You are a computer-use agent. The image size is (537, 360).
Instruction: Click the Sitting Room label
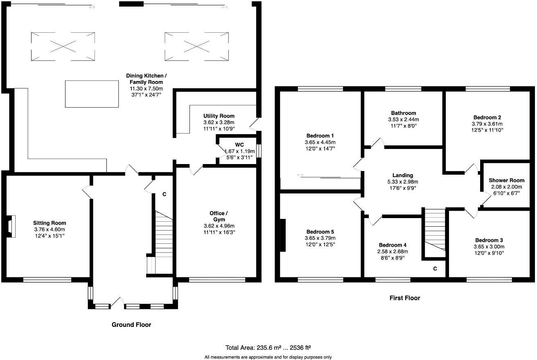[x=50, y=223]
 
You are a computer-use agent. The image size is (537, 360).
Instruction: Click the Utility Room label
[x=219, y=116]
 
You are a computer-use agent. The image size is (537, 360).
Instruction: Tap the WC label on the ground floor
[x=239, y=144]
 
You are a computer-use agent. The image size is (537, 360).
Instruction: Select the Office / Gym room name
[x=217, y=216]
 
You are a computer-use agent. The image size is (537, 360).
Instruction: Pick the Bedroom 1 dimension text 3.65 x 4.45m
[x=318, y=142]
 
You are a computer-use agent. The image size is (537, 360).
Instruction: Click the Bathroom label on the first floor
[x=403, y=113]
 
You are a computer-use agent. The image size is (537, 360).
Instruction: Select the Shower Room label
[x=506, y=180]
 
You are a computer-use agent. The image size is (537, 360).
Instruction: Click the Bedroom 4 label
[x=393, y=245]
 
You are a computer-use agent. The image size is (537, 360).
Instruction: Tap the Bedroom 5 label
[x=320, y=232]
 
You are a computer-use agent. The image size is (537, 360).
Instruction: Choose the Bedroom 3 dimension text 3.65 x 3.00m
[x=490, y=247]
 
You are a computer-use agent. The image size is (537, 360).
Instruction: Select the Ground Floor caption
[x=131, y=325]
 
